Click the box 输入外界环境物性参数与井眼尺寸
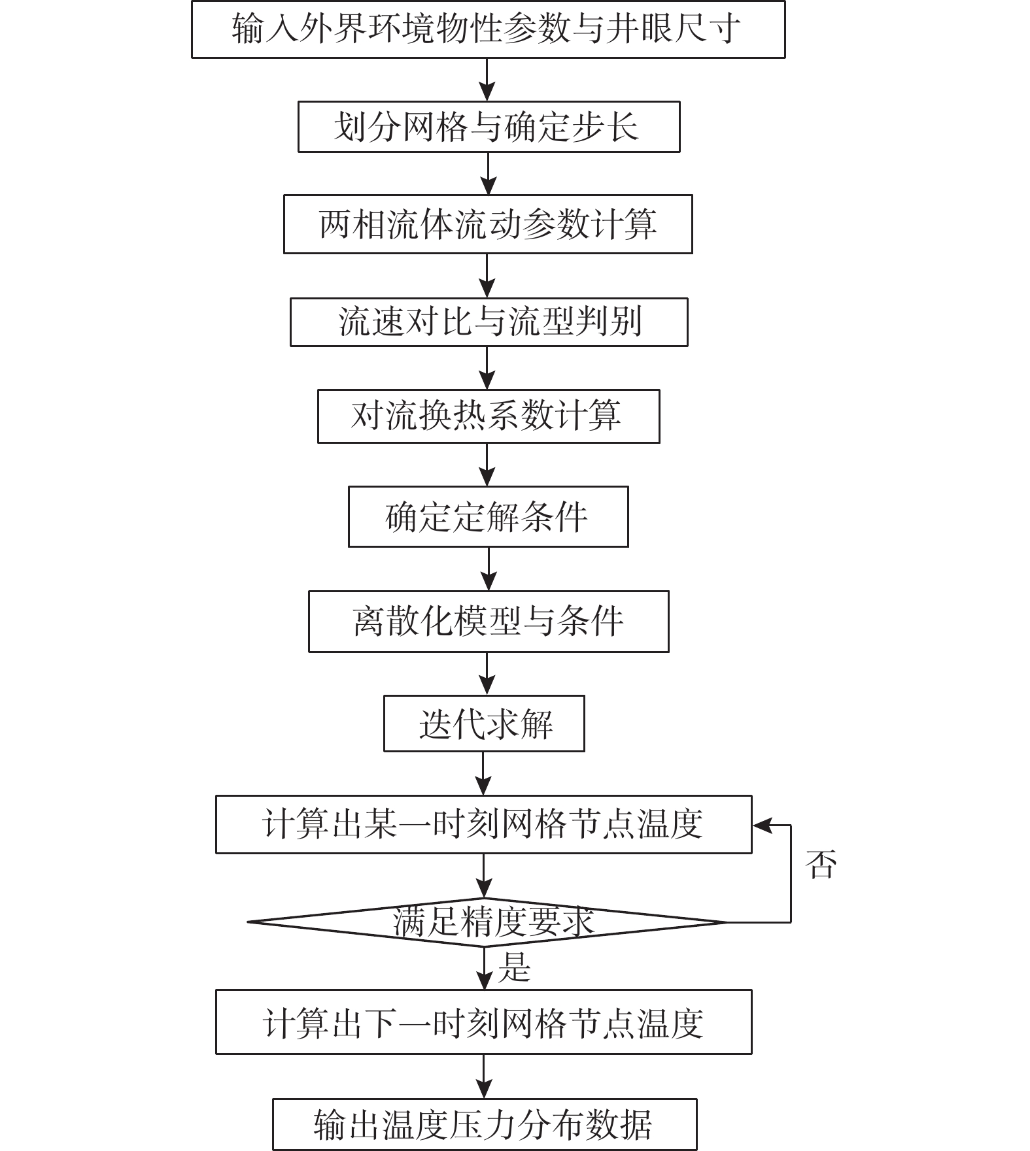point(488,29)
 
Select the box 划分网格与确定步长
point(489,127)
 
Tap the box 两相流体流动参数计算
point(488,224)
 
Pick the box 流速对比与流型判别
point(489,322)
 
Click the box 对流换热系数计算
point(488,416)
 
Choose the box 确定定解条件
point(488,516)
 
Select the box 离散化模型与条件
point(488,621)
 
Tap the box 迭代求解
point(483,724)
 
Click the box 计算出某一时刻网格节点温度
point(483,824)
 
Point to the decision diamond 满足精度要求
point(487,922)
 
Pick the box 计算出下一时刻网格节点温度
point(483,1022)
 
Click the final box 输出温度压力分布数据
point(485,1124)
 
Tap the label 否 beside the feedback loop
point(821,865)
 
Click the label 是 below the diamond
point(513,967)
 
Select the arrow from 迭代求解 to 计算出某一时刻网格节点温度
point(483,774)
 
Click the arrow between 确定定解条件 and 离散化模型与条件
point(489,569)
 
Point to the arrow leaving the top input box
point(488,80)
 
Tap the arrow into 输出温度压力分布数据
point(484,1076)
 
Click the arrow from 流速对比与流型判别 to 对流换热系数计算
point(488,368)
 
